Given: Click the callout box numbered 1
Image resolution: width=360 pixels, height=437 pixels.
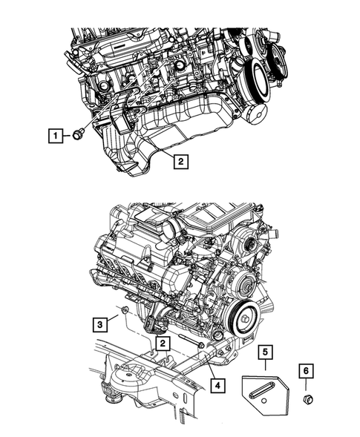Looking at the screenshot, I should (x=54, y=135).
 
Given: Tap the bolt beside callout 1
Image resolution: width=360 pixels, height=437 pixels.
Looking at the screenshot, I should (x=77, y=135).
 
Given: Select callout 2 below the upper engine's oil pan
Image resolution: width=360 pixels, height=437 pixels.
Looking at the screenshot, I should (x=180, y=160).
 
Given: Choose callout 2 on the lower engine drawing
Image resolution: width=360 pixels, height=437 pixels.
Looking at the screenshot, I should (x=161, y=343).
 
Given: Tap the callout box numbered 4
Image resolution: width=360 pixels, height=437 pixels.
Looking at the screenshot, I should (x=217, y=384).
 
